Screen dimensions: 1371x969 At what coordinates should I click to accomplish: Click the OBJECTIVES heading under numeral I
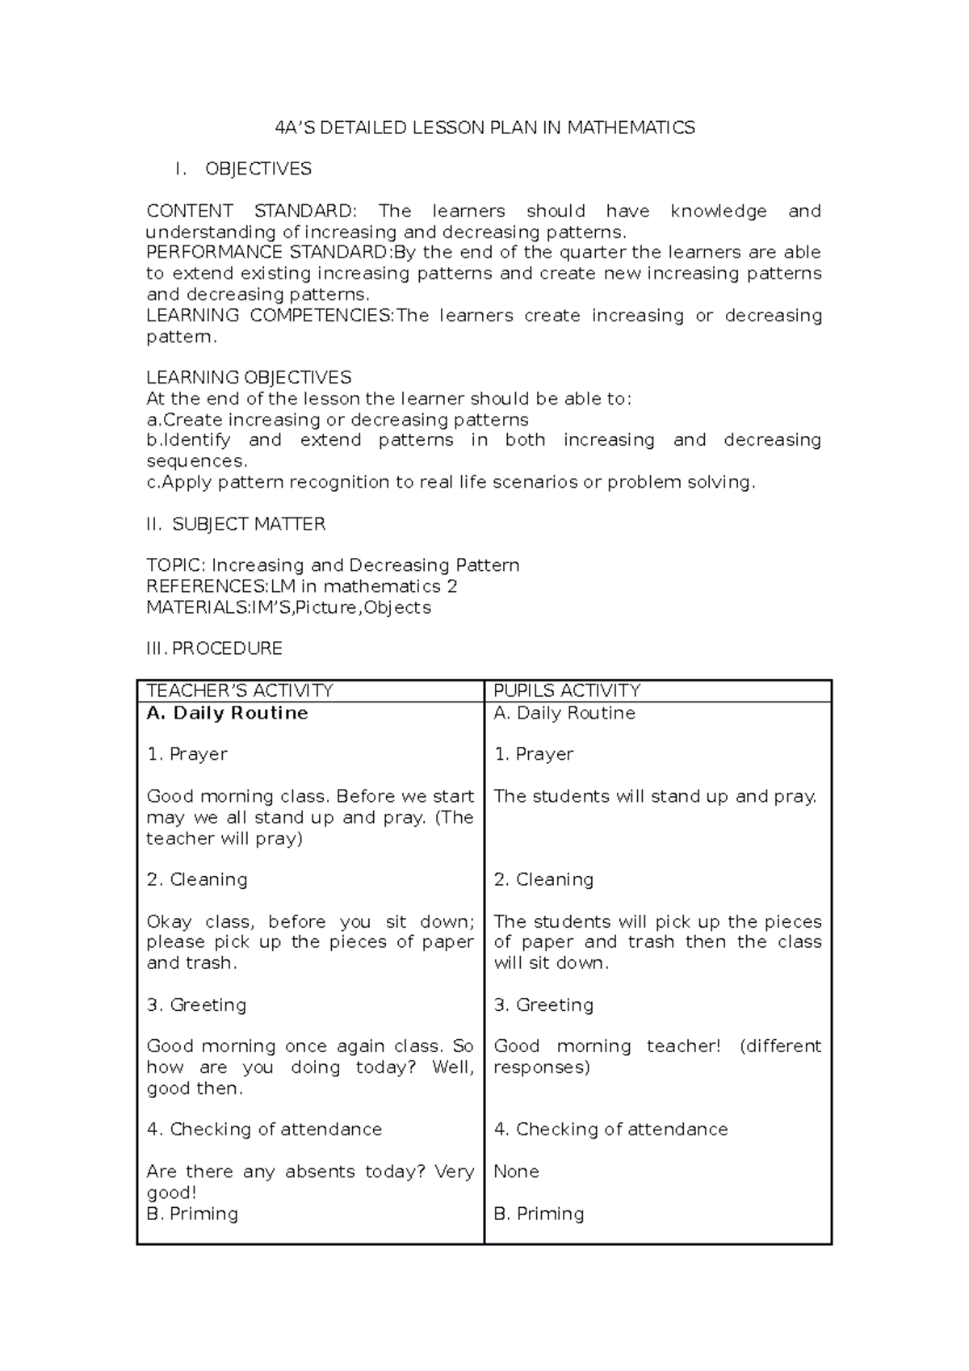[258, 169]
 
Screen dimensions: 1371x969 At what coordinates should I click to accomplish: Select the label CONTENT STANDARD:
[250, 212]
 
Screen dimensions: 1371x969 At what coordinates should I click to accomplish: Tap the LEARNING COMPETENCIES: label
[271, 316]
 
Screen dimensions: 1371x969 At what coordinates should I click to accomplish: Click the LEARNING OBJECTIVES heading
[249, 377]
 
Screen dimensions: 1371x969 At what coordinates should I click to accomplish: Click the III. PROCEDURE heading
[214, 648]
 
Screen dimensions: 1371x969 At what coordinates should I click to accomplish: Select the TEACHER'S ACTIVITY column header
[240, 690]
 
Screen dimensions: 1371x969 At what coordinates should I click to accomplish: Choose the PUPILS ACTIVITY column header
[567, 690]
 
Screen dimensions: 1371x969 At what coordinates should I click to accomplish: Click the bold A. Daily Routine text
[228, 713]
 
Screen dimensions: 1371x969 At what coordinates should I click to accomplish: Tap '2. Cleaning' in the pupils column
[543, 879]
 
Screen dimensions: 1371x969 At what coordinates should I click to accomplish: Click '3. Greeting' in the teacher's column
[196, 1004]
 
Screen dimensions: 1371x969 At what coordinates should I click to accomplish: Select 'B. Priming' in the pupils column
[539, 1214]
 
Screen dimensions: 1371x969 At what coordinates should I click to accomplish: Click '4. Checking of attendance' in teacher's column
[264, 1129]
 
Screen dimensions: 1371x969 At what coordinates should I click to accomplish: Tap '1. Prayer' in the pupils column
[533, 754]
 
